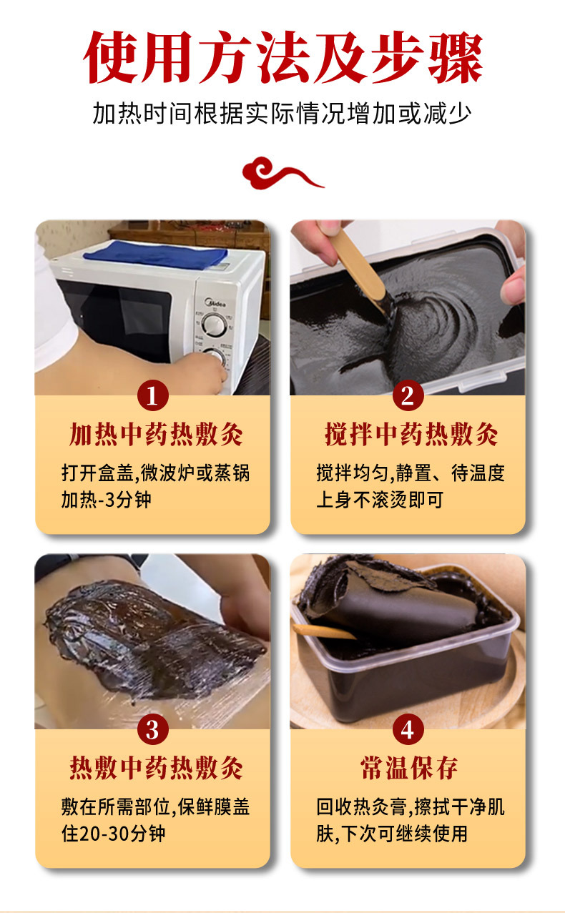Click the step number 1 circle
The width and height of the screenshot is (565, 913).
pos(152,395)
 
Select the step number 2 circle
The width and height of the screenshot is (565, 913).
pos(408,395)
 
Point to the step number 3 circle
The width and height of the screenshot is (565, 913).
pos(152,730)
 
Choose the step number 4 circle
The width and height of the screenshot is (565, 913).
pos(408,730)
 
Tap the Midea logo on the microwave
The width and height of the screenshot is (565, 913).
pos(215,303)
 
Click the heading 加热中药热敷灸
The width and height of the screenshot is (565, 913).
pos(156,435)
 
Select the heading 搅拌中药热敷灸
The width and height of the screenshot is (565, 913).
pos(411,435)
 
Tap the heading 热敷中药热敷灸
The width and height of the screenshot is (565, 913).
pos(156,769)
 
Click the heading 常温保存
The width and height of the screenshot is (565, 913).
pos(408,769)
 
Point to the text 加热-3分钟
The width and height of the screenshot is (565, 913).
pos(106,499)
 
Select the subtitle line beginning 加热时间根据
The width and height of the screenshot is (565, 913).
pos(282,114)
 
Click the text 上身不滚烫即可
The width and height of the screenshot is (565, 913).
pos(379,499)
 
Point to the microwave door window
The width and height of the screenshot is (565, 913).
pos(114,315)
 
